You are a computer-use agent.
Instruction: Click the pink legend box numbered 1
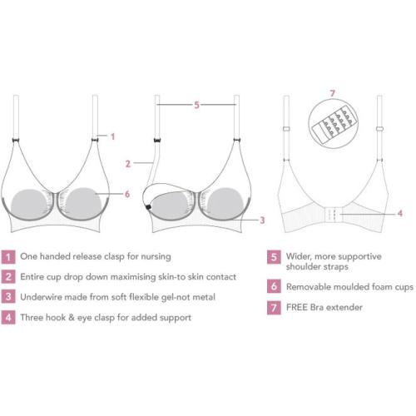[x=8, y=257]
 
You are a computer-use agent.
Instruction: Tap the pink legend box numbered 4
[x=8, y=318]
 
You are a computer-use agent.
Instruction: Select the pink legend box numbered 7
[x=274, y=308]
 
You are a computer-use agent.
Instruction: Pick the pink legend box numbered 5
[x=274, y=257]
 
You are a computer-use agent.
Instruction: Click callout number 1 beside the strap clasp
[x=112, y=136]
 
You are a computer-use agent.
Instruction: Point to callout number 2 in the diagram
[x=128, y=164]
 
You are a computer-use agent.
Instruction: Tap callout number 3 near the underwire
[x=262, y=220]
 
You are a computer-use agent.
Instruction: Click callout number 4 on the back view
[x=400, y=213]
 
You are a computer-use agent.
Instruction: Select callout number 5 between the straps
[x=196, y=105]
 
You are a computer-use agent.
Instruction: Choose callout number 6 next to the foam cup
[x=127, y=194]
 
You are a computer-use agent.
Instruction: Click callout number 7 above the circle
[x=333, y=93]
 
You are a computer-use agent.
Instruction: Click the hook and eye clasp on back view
[x=332, y=215]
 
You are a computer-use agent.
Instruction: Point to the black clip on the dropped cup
[x=148, y=206]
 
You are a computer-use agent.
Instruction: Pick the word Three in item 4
[x=30, y=318]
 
